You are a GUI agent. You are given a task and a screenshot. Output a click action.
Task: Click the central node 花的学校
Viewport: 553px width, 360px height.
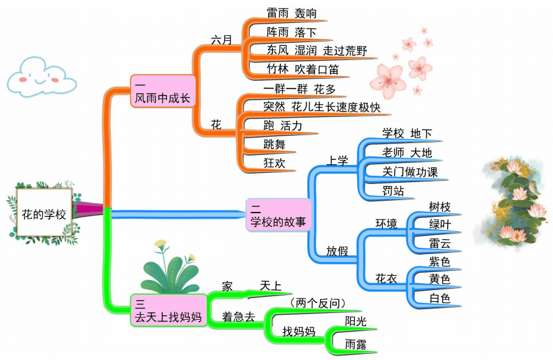43,214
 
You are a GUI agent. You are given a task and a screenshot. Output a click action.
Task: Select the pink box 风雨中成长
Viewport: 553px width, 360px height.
163,91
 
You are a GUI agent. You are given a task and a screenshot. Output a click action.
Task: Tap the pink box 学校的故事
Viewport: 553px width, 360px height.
278,214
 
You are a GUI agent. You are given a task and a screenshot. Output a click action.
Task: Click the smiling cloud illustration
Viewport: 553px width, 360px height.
41,76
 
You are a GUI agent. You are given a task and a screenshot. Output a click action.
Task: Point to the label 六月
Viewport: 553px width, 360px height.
221,40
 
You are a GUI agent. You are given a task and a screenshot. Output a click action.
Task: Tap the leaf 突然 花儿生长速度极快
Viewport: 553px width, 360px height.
321,107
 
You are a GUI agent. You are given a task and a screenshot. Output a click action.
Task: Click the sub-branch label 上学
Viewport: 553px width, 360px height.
337,160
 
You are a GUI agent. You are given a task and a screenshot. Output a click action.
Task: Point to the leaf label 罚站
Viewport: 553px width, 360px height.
393,191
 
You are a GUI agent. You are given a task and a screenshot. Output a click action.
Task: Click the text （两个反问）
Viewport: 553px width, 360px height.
317,302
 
